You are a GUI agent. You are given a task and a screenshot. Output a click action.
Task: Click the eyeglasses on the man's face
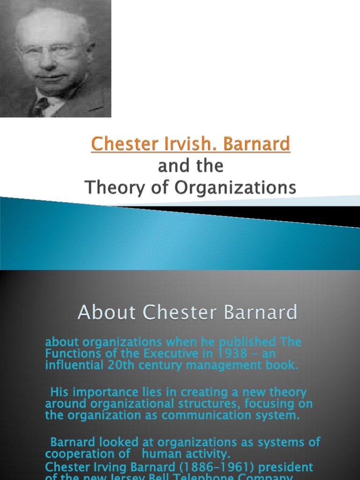coord(54,49)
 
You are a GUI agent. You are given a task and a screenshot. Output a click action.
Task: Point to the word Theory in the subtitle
coord(109,188)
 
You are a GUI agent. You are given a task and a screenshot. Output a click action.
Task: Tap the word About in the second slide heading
coord(106,312)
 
